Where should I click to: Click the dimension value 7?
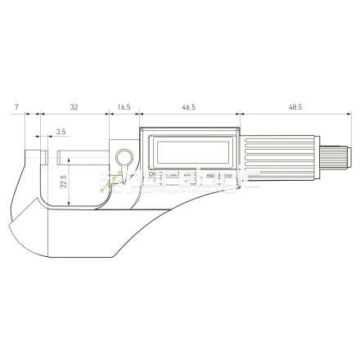tap(16, 107)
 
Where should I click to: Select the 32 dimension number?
tap(74, 107)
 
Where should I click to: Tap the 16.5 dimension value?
tap(124, 107)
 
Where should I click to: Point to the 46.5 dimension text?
tap(189, 107)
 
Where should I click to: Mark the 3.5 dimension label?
tap(61, 131)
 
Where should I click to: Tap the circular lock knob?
tap(125, 157)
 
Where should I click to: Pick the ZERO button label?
tap(189, 175)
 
